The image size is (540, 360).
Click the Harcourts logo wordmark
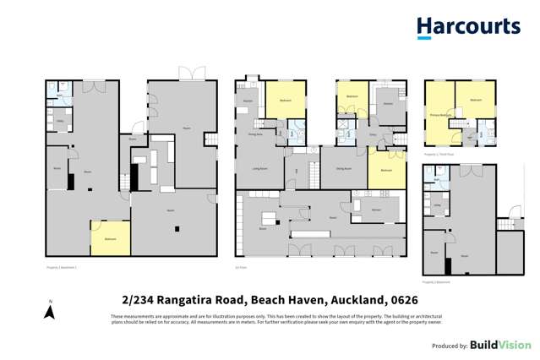point(468,27)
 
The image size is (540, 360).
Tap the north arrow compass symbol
point(50,311)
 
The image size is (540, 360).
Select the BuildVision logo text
point(502,345)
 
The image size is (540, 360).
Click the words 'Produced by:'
point(450,346)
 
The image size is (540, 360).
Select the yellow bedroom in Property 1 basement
point(110,238)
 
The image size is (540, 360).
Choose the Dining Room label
point(344,169)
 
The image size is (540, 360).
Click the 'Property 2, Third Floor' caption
point(438,155)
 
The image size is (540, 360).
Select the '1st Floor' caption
point(240,266)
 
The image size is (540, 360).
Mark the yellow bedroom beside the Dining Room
point(386,169)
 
